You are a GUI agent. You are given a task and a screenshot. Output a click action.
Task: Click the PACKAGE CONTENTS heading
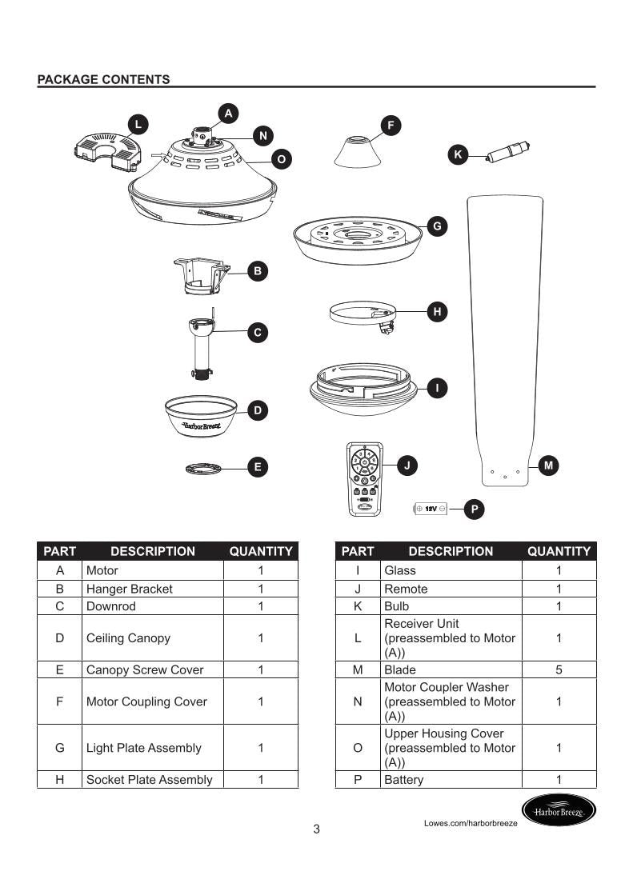(103, 79)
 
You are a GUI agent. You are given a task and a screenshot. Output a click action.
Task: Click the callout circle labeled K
(458, 155)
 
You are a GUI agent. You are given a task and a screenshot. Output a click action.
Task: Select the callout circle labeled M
(548, 465)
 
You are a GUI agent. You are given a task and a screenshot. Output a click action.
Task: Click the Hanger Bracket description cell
(152, 589)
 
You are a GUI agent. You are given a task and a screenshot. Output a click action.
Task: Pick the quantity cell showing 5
(559, 669)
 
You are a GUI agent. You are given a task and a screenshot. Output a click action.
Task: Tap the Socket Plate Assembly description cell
(152, 779)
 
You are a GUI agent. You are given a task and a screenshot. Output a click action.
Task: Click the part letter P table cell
(358, 779)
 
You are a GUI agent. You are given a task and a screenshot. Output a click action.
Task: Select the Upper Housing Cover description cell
(451, 748)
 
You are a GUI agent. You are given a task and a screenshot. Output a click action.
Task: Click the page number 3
(316, 829)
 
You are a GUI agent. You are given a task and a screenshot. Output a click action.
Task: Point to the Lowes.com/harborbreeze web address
(471, 822)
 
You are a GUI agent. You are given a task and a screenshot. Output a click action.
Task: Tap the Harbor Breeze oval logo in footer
(559, 812)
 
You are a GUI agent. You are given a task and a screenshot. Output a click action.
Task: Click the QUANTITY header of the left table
(261, 551)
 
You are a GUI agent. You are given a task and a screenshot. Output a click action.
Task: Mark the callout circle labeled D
(258, 410)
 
